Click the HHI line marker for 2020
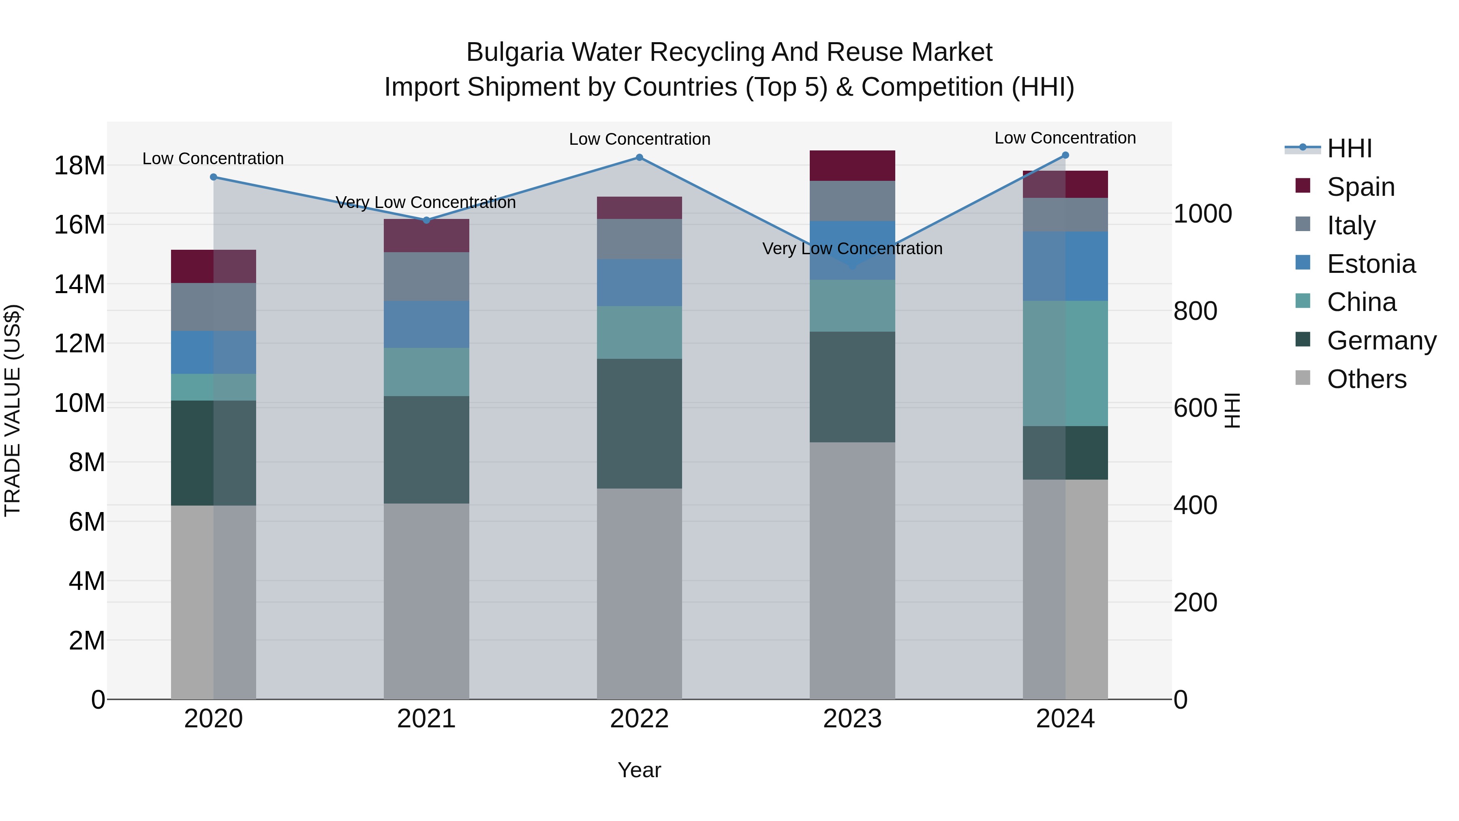click(x=214, y=177)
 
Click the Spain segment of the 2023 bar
click(x=852, y=165)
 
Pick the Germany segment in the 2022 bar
click(x=640, y=423)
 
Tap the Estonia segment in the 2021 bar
click(x=426, y=324)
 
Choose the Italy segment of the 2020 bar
click(x=214, y=307)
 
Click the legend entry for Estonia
click(x=1371, y=264)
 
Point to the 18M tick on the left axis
click(x=79, y=165)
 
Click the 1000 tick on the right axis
click(x=1202, y=214)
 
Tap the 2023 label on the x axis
click(x=852, y=719)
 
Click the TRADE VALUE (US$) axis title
click(x=13, y=410)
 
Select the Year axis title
click(x=640, y=770)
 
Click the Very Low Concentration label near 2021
click(x=426, y=202)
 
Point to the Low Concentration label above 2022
click(x=640, y=139)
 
